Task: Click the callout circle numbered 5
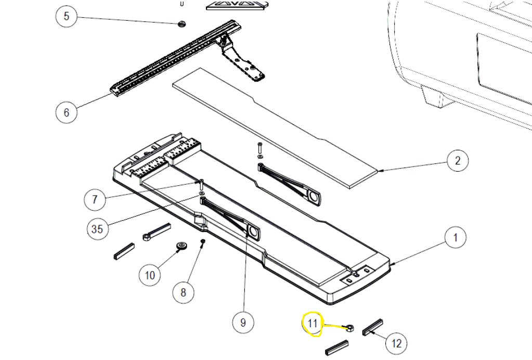pos(66,16)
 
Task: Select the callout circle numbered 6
pos(66,112)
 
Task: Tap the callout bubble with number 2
pos(458,161)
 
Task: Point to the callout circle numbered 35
pos(97,229)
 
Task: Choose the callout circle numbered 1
pos(456,238)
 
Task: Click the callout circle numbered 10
pos(150,275)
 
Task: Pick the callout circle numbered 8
pos(183,292)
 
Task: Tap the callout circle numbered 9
pos(243,323)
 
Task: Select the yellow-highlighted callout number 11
pos(312,324)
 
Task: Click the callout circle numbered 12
pos(397,343)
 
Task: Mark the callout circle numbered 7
pos(95,199)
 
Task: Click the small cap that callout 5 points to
pos(181,24)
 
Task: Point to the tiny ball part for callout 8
pos(203,241)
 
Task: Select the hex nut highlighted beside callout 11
pos(351,328)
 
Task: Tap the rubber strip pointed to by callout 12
pos(373,326)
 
